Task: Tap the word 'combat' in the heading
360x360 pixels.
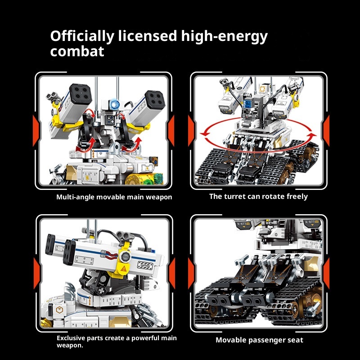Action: [77, 51]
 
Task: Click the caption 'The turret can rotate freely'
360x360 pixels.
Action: [258, 197]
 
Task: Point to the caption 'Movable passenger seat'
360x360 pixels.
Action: [260, 340]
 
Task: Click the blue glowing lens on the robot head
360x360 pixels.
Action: [114, 104]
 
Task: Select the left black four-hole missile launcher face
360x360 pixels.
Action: [81, 94]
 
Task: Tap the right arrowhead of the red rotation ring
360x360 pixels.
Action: [312, 135]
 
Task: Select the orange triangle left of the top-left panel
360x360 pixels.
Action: [36, 130]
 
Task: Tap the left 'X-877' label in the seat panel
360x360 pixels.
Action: [242, 224]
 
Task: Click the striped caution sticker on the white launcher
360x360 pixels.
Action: [145, 265]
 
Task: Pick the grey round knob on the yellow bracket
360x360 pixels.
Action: [126, 256]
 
